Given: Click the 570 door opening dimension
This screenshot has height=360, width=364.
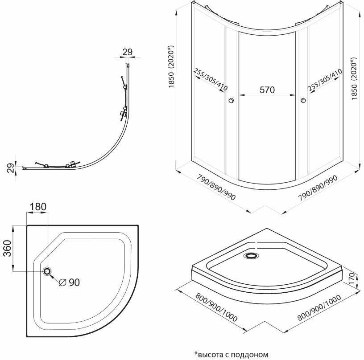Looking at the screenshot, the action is [267, 90].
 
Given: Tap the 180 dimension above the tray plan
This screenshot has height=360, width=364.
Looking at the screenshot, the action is [37, 207].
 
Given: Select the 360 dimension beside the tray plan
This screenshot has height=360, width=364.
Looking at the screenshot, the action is [7, 248].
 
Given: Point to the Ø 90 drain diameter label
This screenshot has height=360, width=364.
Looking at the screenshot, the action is [70, 282].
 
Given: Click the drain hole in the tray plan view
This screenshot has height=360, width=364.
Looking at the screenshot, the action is [47, 271].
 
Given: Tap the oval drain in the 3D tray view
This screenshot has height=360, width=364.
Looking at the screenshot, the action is [251, 256].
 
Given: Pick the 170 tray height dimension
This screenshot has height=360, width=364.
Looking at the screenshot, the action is [352, 279].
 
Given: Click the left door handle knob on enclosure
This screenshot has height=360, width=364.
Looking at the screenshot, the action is [231, 100].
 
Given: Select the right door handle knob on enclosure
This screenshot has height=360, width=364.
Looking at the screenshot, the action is [303, 100].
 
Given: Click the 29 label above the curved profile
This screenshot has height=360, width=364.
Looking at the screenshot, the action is [128, 52].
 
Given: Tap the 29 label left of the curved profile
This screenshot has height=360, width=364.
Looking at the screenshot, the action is [10, 168].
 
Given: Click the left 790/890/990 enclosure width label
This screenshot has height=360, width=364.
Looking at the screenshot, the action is [216, 187].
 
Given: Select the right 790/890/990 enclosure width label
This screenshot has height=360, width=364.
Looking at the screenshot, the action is [318, 187].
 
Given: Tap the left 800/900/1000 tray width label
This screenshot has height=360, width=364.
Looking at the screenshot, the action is [216, 307].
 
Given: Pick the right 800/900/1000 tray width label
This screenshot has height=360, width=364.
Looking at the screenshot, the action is [319, 307].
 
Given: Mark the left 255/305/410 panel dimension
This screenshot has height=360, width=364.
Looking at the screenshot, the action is [211, 79].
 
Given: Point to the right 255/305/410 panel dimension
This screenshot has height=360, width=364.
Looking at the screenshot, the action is [325, 80].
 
